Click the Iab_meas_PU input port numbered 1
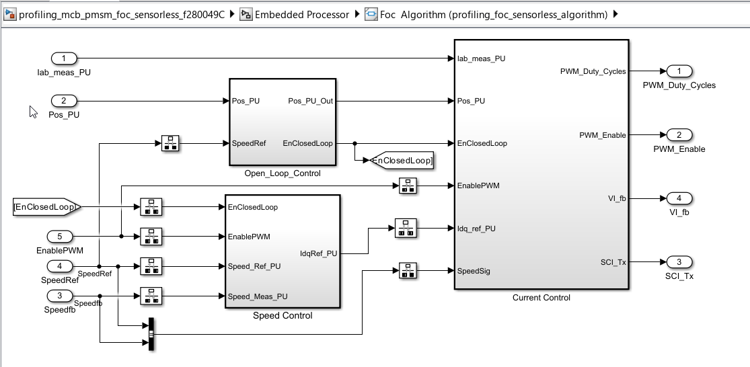(64, 58)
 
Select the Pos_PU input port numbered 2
(64, 101)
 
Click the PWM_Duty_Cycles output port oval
(679, 71)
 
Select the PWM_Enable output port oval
(679, 135)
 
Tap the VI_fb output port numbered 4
(679, 198)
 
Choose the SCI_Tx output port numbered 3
(679, 261)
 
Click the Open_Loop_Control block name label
(283, 173)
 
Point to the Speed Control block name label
(283, 315)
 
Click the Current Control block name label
(541, 297)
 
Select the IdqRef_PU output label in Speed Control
(318, 253)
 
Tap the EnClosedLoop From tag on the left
(46, 207)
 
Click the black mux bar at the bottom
(151, 334)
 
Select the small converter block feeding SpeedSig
(406, 271)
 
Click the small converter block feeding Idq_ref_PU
(406, 228)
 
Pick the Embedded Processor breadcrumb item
(302, 14)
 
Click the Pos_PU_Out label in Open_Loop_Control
(310, 101)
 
